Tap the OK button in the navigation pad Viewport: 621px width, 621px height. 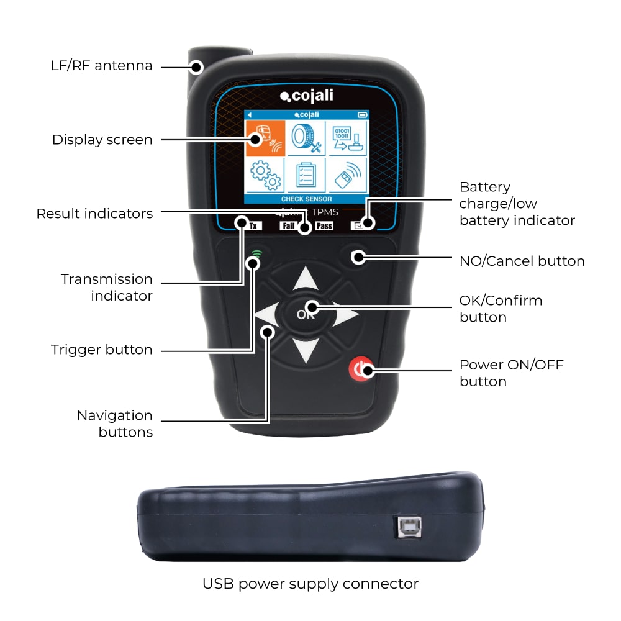[306, 314]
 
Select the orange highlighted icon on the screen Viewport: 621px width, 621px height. [265, 138]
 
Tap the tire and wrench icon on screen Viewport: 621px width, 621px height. [306, 138]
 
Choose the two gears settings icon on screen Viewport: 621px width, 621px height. [265, 175]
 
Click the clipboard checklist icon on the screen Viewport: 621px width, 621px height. [306, 176]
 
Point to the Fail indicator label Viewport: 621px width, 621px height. [289, 226]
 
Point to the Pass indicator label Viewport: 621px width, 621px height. [324, 226]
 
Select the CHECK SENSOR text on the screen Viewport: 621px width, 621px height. [306, 199]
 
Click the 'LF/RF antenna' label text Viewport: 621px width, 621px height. [102, 66]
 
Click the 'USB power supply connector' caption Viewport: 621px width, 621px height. [310, 584]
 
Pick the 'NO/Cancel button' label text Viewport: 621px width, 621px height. [522, 261]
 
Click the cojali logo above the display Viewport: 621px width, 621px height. [309, 96]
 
